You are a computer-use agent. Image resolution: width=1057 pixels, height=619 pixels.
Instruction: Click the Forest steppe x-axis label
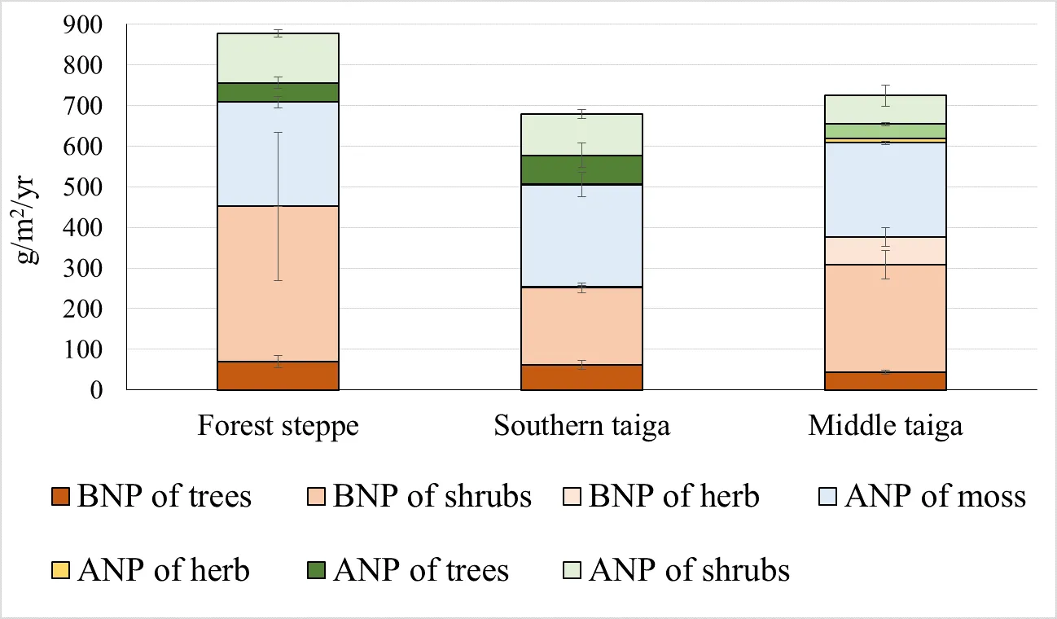coord(278,427)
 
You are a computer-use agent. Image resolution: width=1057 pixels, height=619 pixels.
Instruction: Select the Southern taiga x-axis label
coord(581,427)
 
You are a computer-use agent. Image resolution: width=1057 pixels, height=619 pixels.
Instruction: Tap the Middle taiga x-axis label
coord(885,427)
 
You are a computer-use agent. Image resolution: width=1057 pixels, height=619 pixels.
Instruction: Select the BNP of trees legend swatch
coord(63,497)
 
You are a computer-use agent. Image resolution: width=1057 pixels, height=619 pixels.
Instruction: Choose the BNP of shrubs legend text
coord(432,497)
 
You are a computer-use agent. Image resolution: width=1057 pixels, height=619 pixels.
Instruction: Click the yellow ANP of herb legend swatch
coord(63,570)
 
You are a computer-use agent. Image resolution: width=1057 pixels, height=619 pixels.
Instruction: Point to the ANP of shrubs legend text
coord(690,570)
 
